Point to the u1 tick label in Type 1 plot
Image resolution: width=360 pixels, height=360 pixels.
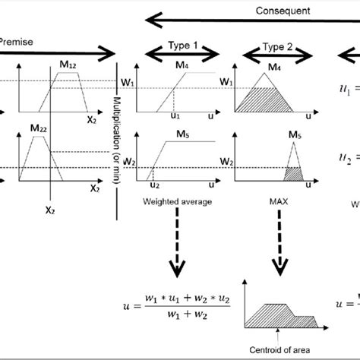(x=173, y=117)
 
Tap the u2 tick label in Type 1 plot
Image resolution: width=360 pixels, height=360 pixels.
(x=155, y=185)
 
